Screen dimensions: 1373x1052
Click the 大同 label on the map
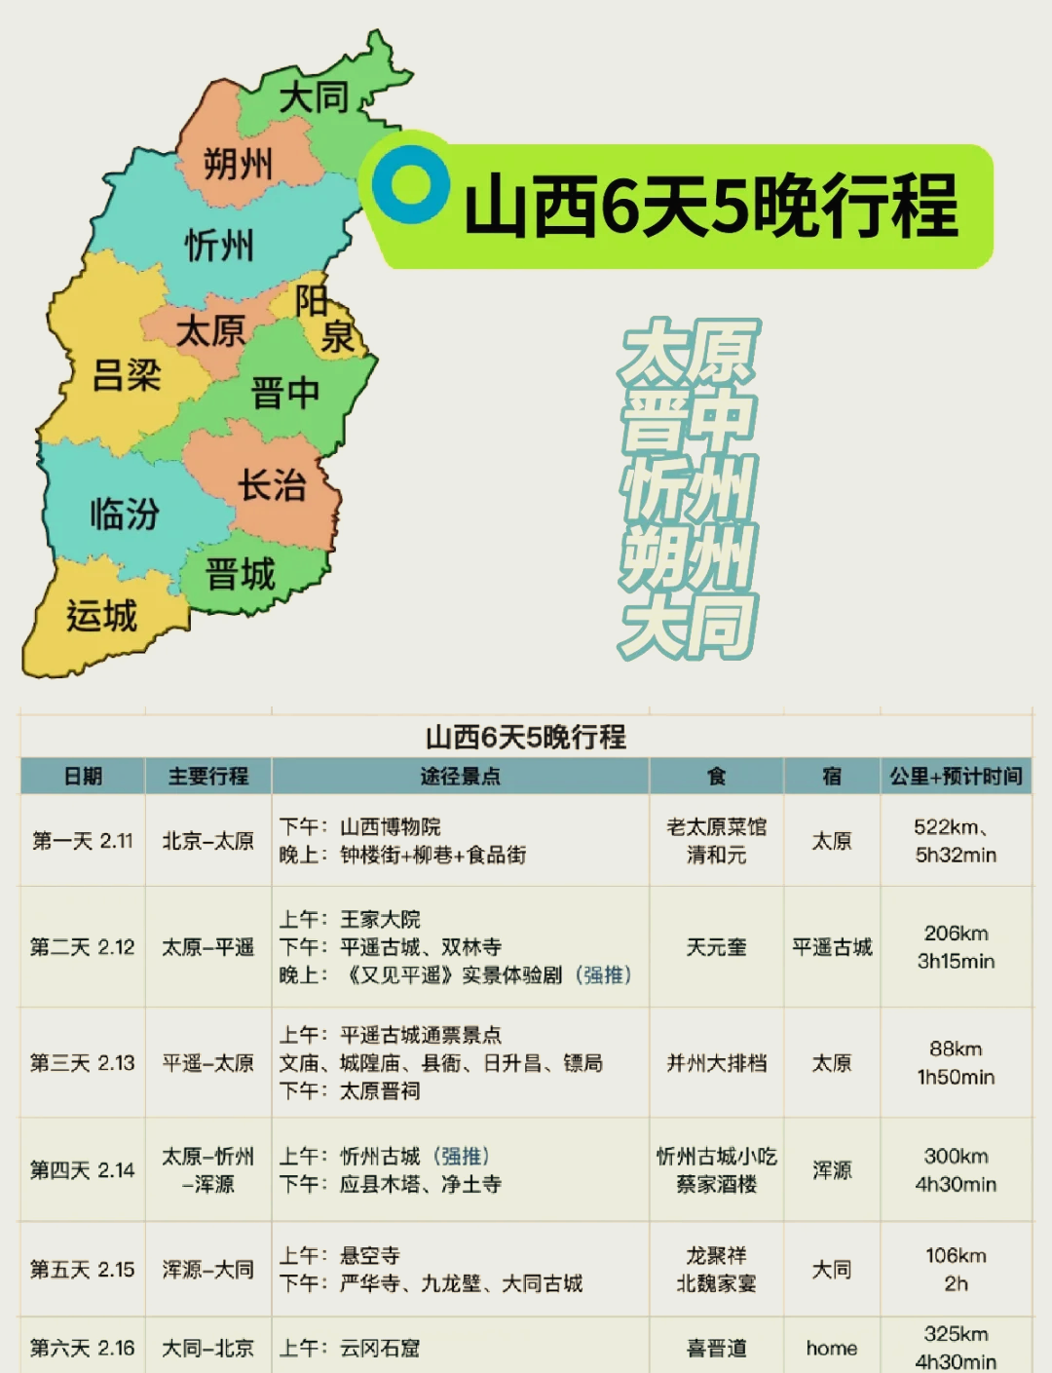point(313,97)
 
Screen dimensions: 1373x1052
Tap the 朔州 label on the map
point(238,163)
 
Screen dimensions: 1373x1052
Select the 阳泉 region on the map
point(325,320)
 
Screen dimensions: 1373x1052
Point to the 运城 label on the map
point(101,616)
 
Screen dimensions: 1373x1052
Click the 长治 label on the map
point(273,484)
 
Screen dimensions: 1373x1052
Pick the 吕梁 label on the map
point(126,374)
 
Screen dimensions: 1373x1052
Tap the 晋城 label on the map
point(241,574)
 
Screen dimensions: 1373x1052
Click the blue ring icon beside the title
point(410,184)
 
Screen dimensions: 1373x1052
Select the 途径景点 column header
point(460,776)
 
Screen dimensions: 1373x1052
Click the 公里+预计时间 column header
point(956,776)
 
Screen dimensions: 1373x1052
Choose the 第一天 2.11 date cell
point(82,840)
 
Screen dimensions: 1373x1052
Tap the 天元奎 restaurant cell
point(716,946)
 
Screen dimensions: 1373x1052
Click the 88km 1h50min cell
point(956,1062)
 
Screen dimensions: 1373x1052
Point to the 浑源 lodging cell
point(832,1169)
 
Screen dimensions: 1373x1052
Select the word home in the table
point(832,1348)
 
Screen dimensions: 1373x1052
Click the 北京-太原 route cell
point(207,840)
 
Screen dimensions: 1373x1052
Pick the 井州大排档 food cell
point(716,1062)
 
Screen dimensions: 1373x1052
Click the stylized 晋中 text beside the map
point(688,419)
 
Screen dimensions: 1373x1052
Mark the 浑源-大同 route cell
point(207,1269)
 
